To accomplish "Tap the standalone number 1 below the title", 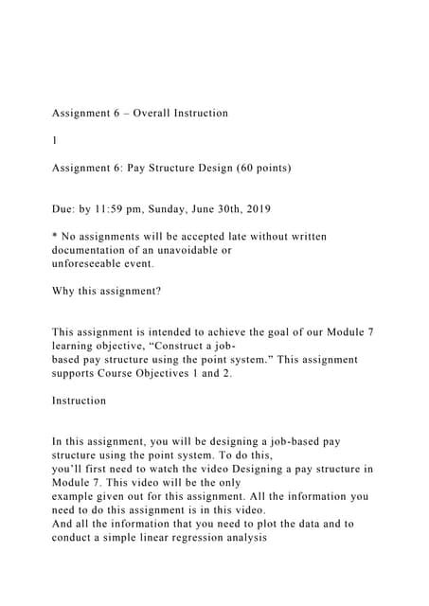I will pos(55,140).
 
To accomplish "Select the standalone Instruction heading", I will pos(80,401).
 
